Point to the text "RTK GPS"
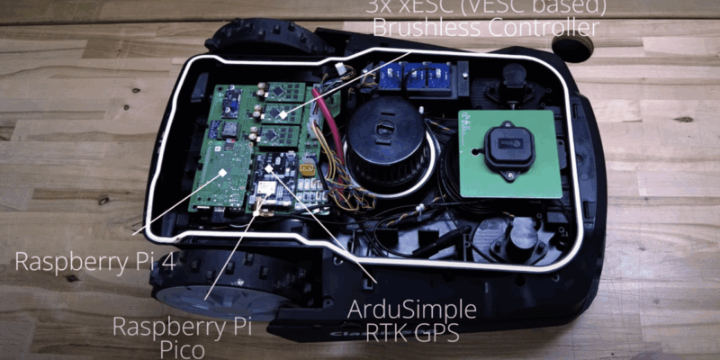click(412, 334)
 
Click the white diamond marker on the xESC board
click(283, 114)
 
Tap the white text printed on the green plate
click(468, 131)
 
